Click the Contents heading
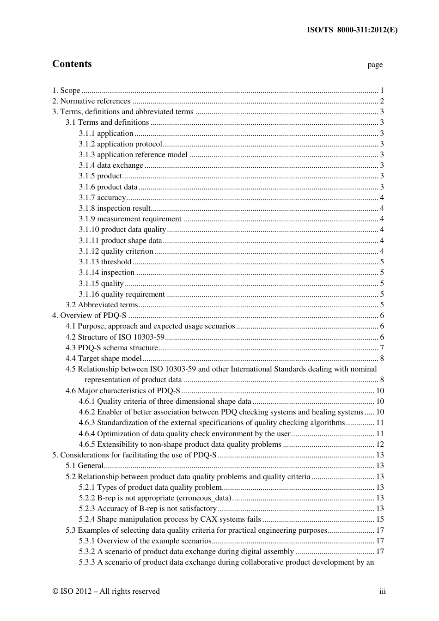coord(72,64)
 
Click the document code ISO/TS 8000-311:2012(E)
coord(352,30)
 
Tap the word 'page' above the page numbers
coord(375,65)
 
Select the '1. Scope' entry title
coord(66,91)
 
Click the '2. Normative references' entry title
coord(91,101)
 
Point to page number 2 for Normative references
coord(382,101)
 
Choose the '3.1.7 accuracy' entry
coord(102,198)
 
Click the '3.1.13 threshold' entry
coord(105,262)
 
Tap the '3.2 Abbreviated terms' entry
coord(102,305)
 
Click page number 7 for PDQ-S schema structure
coord(382,348)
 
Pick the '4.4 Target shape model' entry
coord(104,359)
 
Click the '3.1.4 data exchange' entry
coord(111,165)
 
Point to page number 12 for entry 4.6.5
coord(380,444)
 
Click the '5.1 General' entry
coord(85,466)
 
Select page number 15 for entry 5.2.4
coord(380,519)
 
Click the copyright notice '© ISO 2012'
coord(73,591)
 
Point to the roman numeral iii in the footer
coord(383,591)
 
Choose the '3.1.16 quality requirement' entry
coord(122,294)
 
